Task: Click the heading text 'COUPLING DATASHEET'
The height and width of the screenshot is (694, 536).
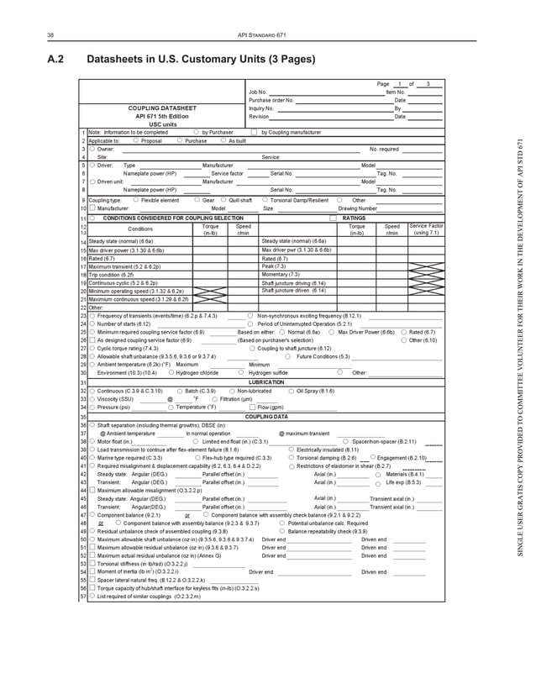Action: point(162,108)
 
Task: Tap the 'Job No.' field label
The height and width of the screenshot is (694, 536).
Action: point(257,92)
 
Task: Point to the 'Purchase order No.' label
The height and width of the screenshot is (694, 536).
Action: point(271,100)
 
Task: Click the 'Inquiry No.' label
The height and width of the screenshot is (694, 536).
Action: point(260,108)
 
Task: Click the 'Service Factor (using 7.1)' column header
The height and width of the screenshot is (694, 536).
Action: point(426,229)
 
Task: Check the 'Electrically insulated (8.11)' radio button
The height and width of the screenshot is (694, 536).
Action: point(291,450)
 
